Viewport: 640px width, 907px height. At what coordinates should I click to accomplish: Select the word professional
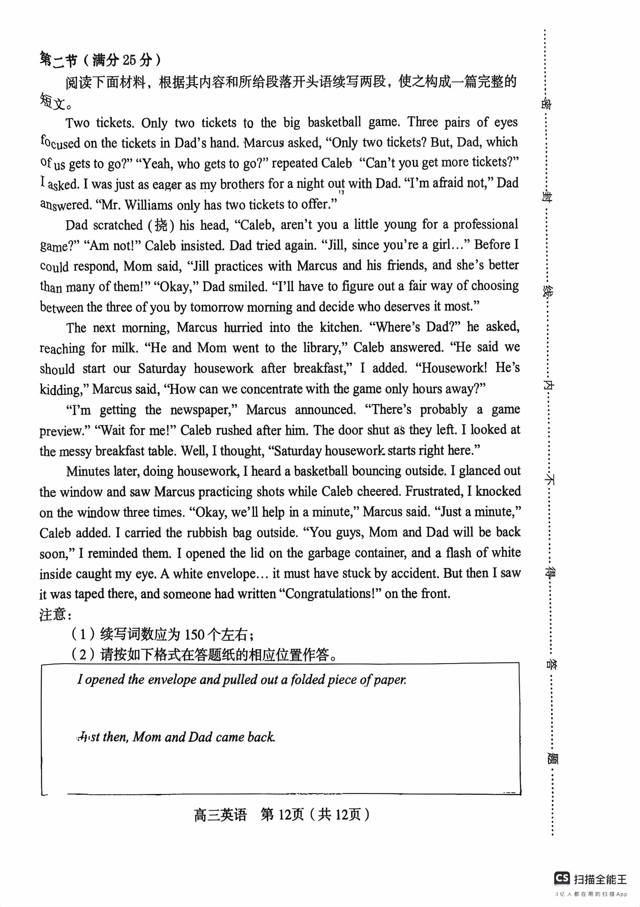485,224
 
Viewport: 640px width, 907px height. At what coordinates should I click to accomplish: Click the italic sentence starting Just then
176,737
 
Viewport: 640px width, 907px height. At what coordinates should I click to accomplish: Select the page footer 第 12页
282,815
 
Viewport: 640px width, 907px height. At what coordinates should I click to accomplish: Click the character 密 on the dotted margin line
547,104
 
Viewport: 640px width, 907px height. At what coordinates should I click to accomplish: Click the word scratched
118,225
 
